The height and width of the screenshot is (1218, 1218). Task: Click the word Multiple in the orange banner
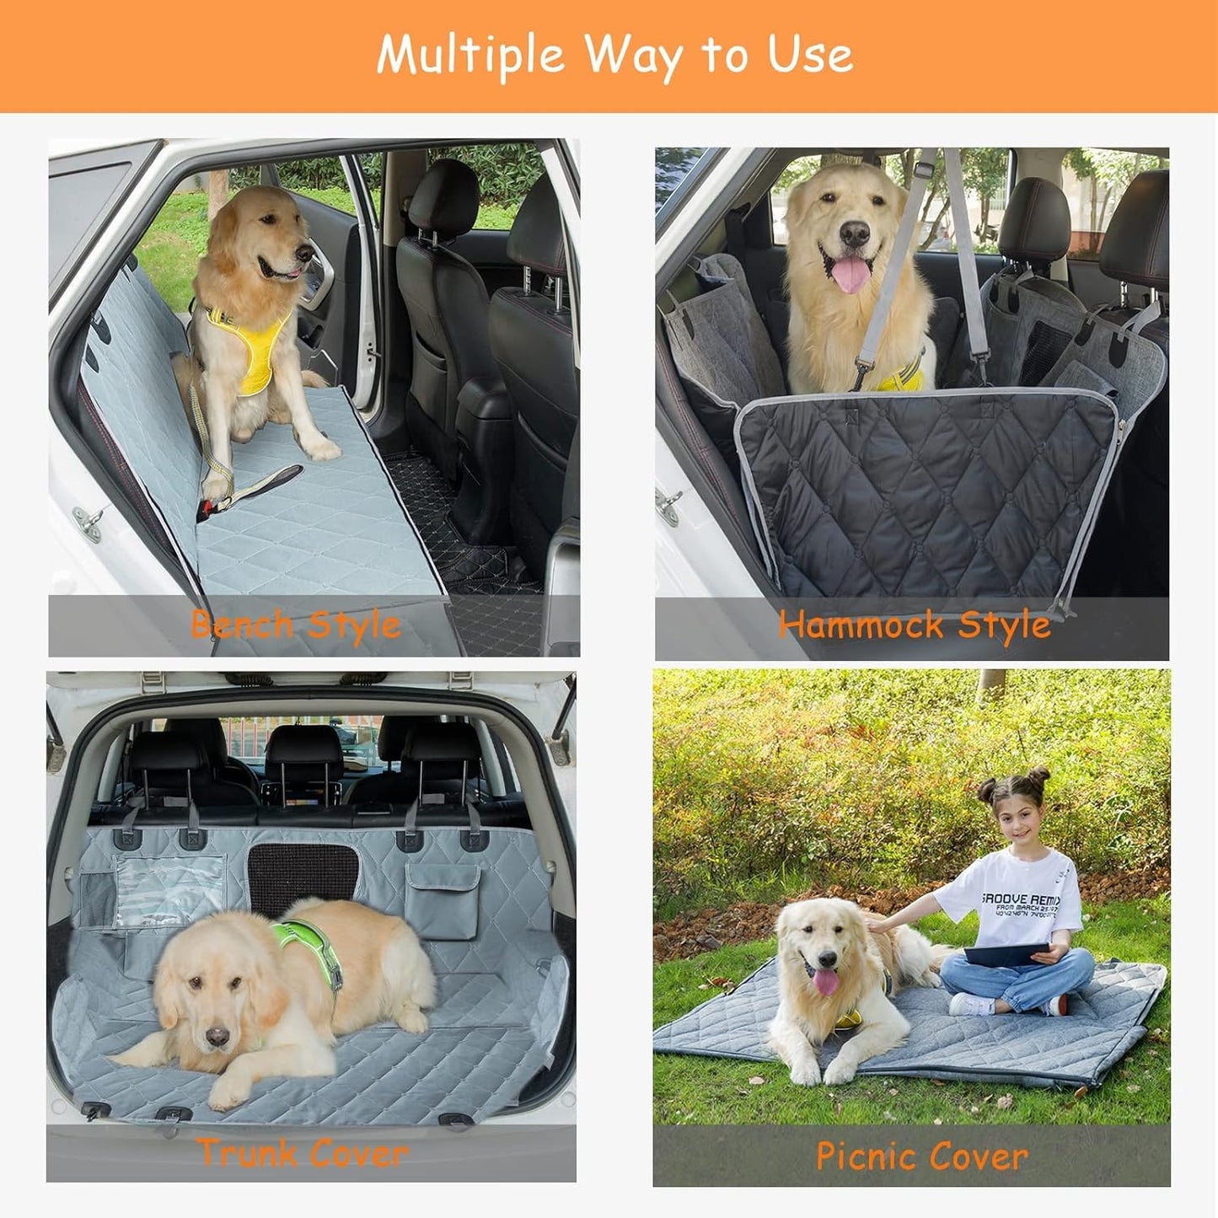(x=470, y=56)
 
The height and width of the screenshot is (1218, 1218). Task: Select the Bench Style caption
(x=295, y=625)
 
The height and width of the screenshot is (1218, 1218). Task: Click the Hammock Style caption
(x=914, y=625)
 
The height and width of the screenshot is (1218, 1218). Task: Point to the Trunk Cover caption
(x=303, y=1152)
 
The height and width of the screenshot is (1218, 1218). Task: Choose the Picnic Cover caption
(x=921, y=1156)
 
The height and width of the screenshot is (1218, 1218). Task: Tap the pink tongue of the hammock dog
(x=850, y=275)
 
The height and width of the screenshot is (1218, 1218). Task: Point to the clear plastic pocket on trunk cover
(x=169, y=889)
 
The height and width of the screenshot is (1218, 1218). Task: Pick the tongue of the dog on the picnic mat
(x=825, y=983)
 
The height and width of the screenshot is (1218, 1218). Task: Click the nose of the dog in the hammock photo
(x=854, y=233)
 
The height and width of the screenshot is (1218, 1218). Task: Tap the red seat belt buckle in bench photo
(x=204, y=508)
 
